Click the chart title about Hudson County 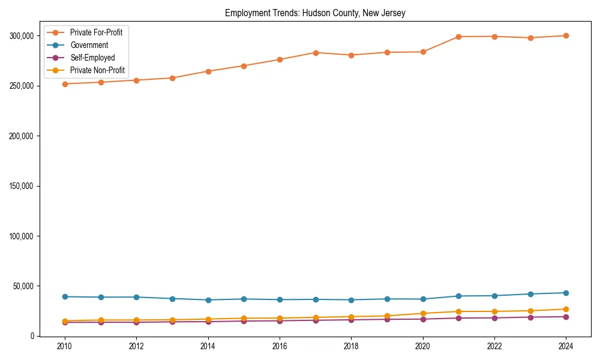315,13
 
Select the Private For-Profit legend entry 96,32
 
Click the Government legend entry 89,45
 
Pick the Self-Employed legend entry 92,58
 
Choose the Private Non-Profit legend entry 97,70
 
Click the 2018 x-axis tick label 351,347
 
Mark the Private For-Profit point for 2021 458,37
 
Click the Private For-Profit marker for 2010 65,84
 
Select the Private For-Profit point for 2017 316,53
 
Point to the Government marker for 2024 566,293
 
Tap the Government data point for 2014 208,300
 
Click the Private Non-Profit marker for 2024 566,310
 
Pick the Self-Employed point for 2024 566,317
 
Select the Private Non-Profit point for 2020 423,313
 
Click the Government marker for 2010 65,296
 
